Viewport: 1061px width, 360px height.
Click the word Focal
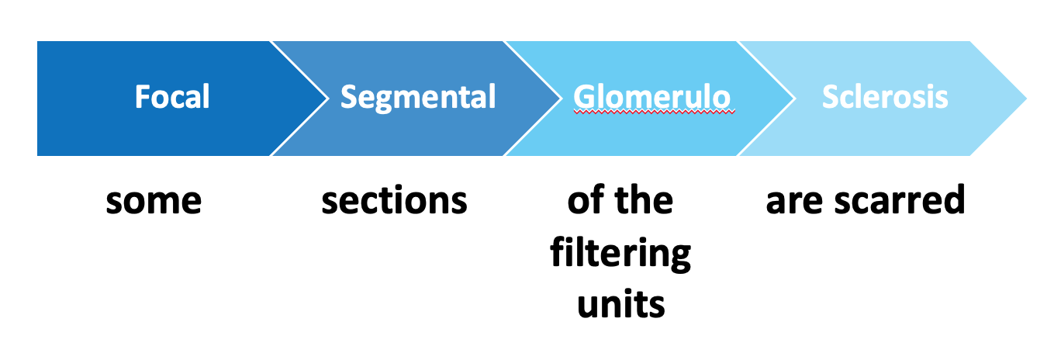172,97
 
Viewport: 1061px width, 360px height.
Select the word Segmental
418,98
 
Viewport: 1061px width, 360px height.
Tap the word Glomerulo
651,97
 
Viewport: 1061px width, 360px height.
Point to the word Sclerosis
885,97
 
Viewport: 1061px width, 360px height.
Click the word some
154,201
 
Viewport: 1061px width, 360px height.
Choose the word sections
394,200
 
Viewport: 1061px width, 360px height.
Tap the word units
621,303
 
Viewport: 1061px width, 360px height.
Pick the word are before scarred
794,201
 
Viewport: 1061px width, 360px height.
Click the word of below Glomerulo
586,199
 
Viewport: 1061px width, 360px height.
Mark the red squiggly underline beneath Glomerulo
654,112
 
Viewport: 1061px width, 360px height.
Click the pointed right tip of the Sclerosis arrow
1026,99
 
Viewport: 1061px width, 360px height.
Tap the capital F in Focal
143,97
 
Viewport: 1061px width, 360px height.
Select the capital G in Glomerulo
583,97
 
